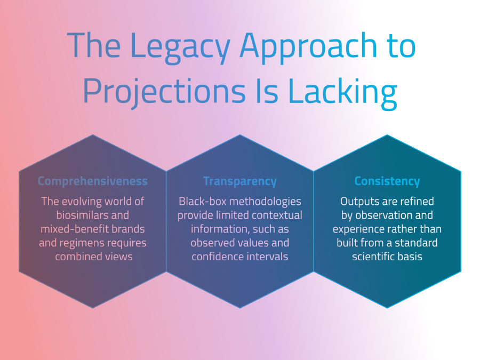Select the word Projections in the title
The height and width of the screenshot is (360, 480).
click(x=164, y=92)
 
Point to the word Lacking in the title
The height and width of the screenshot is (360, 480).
click(x=343, y=92)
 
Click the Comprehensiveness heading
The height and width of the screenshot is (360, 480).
click(x=93, y=181)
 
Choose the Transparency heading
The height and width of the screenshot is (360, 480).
click(x=240, y=181)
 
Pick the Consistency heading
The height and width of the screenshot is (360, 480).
click(x=387, y=181)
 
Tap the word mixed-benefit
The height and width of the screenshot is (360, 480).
click(x=76, y=229)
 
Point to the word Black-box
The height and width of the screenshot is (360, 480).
click(x=203, y=201)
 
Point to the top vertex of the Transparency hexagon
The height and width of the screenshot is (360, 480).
click(x=240, y=135)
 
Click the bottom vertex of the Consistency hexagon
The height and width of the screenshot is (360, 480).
click(x=387, y=308)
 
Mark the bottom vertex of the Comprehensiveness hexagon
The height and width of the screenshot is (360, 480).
click(x=93, y=308)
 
